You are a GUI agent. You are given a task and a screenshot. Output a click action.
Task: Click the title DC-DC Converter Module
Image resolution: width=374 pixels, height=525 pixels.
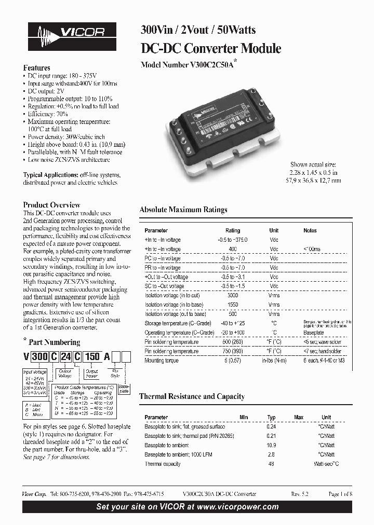211,49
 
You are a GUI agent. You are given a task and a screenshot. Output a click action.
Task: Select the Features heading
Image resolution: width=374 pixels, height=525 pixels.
37,68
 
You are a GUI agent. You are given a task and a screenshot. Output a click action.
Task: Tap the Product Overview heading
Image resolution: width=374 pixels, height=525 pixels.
52,205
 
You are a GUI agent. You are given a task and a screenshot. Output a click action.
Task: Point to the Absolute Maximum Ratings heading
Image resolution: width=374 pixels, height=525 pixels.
183,210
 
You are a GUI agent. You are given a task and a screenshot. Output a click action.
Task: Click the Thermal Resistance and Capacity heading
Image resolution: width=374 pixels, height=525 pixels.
192,396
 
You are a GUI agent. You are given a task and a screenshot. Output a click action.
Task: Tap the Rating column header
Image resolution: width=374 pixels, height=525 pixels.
233,230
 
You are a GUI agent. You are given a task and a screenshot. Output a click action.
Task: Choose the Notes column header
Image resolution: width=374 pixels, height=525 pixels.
310,230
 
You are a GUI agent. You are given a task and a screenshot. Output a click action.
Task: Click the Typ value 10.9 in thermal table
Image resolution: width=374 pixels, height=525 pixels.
271,446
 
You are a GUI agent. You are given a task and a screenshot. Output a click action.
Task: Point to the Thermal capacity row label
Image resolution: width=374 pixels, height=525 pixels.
162,464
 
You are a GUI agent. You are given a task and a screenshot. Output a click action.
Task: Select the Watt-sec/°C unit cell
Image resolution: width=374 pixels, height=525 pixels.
326,464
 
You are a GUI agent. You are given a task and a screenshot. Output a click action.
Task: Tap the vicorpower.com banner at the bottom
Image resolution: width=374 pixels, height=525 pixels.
188,507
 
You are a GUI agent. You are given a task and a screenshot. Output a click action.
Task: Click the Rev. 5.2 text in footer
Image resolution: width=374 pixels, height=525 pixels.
300,494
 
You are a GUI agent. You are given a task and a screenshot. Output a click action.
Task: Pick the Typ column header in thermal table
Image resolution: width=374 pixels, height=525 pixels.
271,417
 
